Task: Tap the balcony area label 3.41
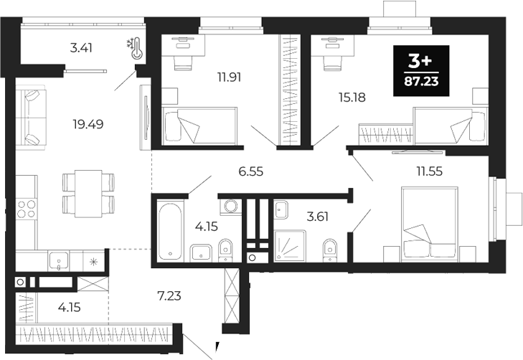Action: click(x=81, y=49)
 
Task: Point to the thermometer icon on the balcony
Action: click(x=133, y=48)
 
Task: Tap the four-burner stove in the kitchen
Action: click(x=27, y=209)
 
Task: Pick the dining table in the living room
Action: click(x=88, y=192)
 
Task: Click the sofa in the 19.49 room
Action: click(x=30, y=117)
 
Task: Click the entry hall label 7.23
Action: click(x=171, y=295)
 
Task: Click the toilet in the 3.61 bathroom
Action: click(x=329, y=247)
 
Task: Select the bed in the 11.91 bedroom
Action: click(x=198, y=126)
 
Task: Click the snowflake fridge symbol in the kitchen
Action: click(x=93, y=260)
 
